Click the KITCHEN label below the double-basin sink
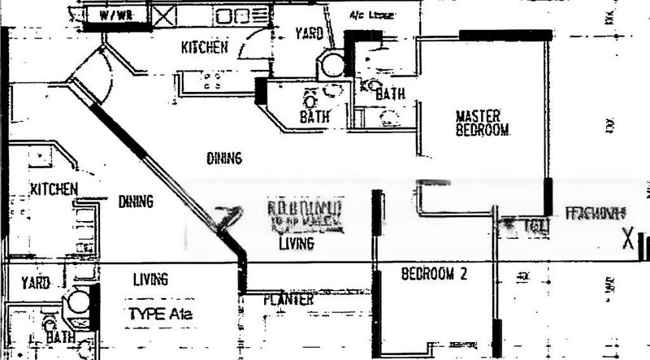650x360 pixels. click(x=204, y=48)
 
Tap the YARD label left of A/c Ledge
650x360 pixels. click(x=308, y=34)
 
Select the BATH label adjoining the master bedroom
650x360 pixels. click(x=390, y=95)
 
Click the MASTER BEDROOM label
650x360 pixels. click(x=482, y=123)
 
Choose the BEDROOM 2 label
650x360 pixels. click(x=435, y=274)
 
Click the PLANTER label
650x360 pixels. click(x=288, y=300)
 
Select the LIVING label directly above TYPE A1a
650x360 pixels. click(x=150, y=280)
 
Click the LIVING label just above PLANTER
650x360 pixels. click(x=296, y=243)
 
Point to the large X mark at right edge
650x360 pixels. click(x=626, y=240)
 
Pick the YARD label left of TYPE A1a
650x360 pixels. click(x=36, y=283)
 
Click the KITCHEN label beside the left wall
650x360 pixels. click(x=54, y=189)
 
